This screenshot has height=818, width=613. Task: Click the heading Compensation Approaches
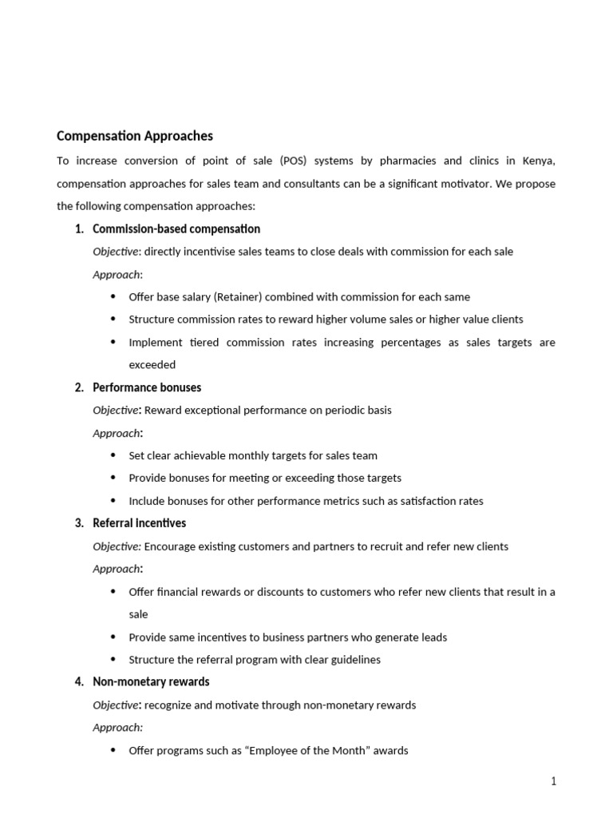135,136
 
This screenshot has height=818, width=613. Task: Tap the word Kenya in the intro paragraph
536,161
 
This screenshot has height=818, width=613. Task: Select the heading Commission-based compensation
176,229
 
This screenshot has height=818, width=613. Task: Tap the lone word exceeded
152,364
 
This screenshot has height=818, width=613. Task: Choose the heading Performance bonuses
147,387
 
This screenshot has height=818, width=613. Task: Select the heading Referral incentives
140,523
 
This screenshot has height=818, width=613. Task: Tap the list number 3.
78,523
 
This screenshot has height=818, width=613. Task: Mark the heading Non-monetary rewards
151,682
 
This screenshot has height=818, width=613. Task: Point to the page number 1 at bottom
553,781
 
